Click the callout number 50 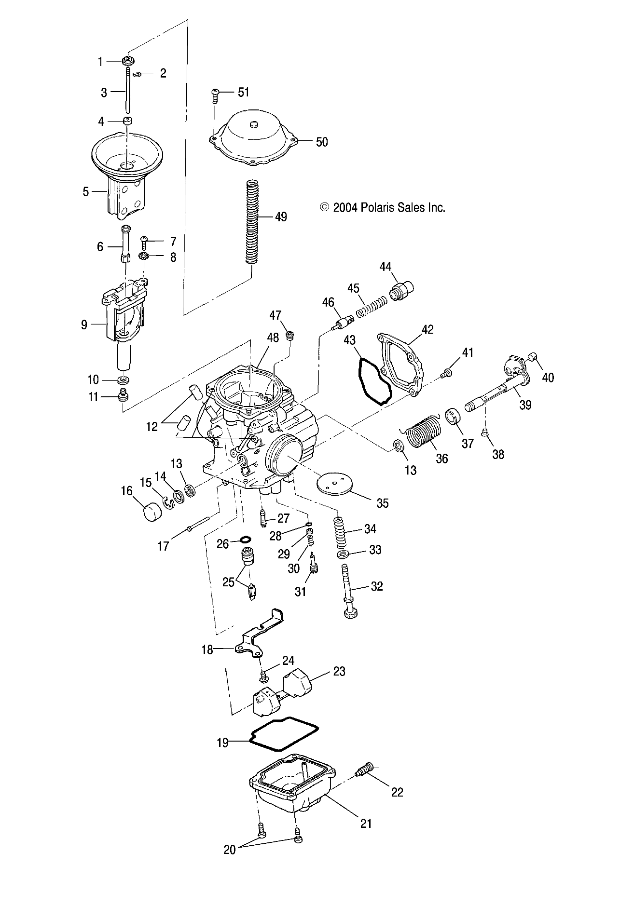point(321,142)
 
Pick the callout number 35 point(382,503)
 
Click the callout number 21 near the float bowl point(366,823)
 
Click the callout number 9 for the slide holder point(84,325)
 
